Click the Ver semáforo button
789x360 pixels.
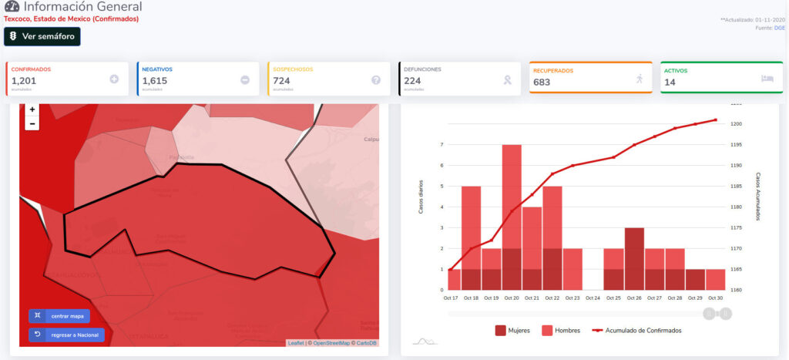tap(42, 36)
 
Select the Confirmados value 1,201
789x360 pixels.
tap(24, 80)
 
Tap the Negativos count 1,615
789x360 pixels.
tap(156, 80)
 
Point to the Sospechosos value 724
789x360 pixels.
tap(281, 80)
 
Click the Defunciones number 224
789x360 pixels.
tap(412, 80)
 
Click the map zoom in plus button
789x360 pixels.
tap(32, 110)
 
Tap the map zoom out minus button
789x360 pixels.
tap(32, 123)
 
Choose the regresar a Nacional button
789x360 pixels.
tap(66, 335)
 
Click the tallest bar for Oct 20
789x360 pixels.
tap(512, 216)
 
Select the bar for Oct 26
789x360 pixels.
tap(634, 258)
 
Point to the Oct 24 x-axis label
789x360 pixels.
tap(593, 298)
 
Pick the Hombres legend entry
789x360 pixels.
tap(562, 330)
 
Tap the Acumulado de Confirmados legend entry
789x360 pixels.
tap(636, 330)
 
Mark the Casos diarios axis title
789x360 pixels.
tap(421, 197)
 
